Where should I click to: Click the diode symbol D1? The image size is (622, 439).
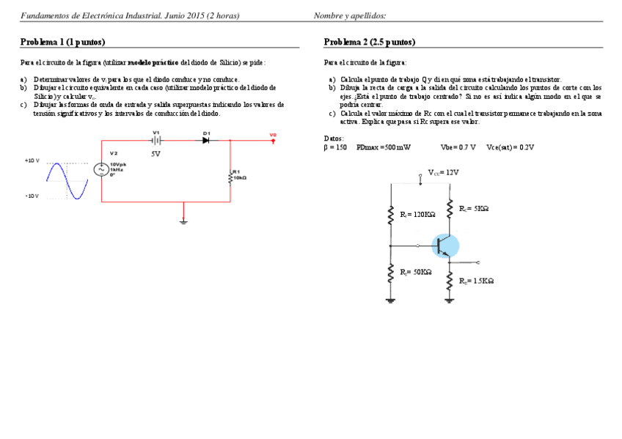tap(206, 140)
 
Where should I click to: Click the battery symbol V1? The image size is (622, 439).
tap(156, 140)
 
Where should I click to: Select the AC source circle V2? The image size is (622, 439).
tap(101, 169)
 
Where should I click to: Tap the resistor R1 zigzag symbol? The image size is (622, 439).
tap(230, 177)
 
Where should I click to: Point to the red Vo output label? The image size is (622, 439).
tap(273, 136)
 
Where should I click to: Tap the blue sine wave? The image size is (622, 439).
tap(67, 181)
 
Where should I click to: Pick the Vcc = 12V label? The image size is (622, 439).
tap(444, 173)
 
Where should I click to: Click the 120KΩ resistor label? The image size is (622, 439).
tap(417, 214)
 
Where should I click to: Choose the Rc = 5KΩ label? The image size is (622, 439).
tap(474, 209)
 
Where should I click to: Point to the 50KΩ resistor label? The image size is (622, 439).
tap(416, 273)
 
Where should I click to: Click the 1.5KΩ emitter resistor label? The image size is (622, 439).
tap(476, 281)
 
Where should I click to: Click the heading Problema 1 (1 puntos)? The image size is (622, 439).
tap(62, 43)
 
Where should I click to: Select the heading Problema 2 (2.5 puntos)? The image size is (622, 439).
tap(369, 43)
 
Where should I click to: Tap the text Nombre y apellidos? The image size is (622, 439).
tap(350, 15)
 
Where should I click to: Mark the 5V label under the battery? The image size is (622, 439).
tap(155, 155)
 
